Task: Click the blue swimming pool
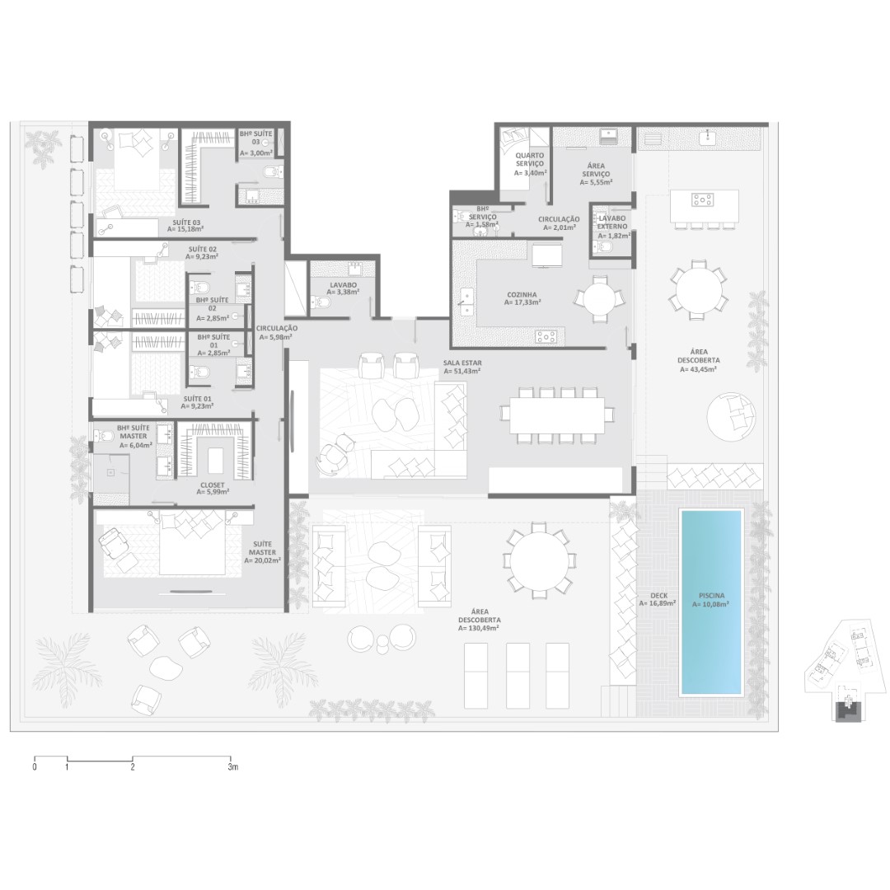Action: [711, 602]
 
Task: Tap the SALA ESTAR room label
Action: [462, 363]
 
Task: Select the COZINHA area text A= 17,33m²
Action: [522, 303]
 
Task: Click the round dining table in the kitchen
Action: [599, 299]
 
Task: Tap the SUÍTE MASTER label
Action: [262, 548]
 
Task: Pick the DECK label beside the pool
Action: [659, 596]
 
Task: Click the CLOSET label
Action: [213, 485]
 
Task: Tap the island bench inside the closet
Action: [216, 461]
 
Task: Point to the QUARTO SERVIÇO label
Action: [530, 160]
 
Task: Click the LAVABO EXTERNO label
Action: [612, 222]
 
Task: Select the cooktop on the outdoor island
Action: [702, 199]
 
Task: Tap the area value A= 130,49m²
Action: [480, 628]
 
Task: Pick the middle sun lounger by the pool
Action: [518, 676]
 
